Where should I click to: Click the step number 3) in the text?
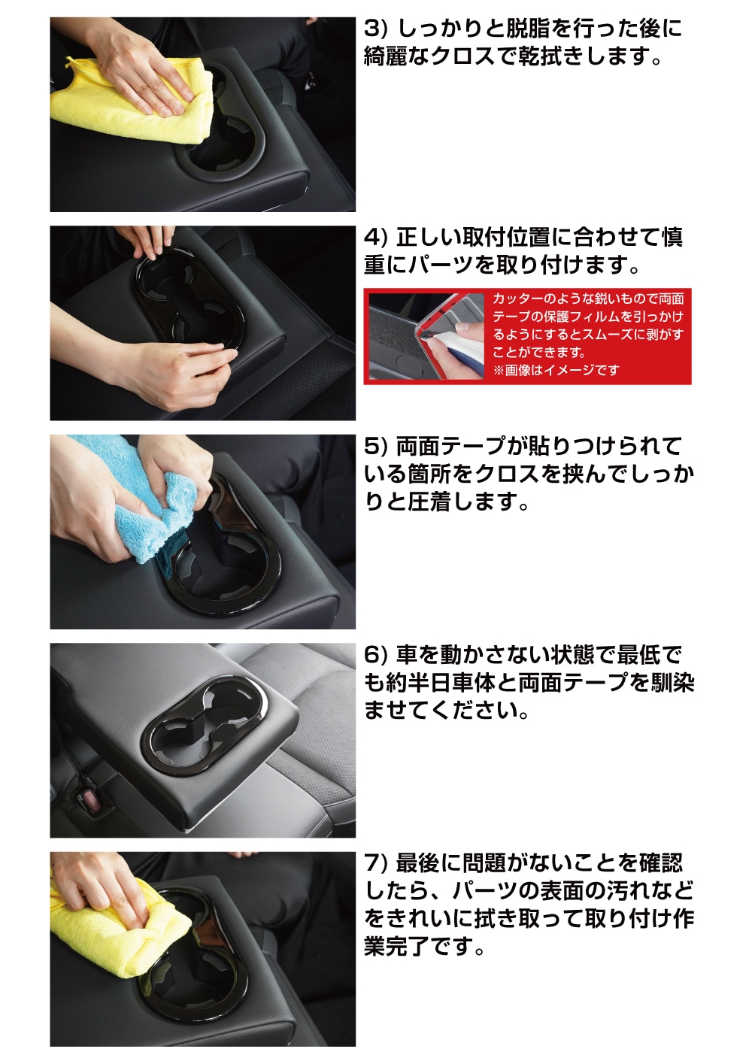point(376,29)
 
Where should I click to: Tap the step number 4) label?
point(376,238)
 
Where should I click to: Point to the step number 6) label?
point(376,655)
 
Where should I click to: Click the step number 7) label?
point(376,863)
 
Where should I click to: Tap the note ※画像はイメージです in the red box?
point(556,369)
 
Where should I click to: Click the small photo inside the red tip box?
point(426,336)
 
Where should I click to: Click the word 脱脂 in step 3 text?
point(518,29)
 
